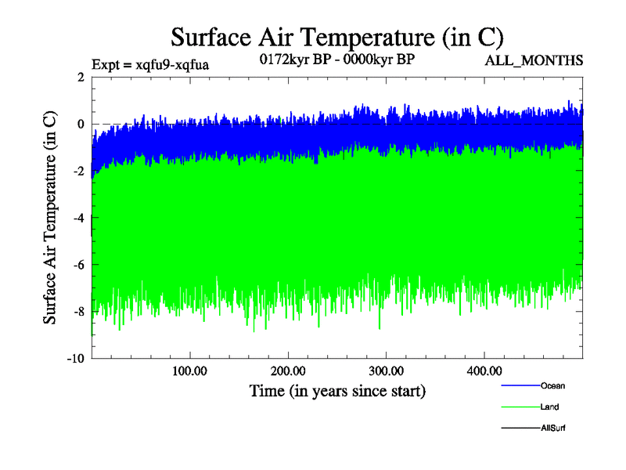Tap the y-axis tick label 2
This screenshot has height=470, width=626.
(x=81, y=77)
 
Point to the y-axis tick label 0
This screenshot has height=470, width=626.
(x=81, y=124)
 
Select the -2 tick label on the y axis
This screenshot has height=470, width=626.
(x=78, y=171)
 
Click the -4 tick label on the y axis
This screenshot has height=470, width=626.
(x=78, y=218)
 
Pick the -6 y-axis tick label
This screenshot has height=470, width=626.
(x=78, y=265)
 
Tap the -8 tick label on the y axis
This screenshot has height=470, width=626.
(x=78, y=312)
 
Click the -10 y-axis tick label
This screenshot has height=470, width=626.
(x=75, y=359)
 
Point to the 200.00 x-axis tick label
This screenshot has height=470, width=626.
(x=288, y=371)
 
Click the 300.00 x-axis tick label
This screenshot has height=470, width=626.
(x=386, y=371)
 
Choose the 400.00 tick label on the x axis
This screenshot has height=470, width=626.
(x=484, y=371)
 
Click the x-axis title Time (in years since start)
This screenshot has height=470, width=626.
(x=337, y=390)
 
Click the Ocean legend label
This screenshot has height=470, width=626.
(x=552, y=385)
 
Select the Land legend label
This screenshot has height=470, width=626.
(x=549, y=407)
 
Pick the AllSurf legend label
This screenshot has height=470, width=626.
(x=553, y=428)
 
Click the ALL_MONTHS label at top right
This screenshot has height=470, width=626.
(x=534, y=60)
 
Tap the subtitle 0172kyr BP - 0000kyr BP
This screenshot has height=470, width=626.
(x=336, y=59)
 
